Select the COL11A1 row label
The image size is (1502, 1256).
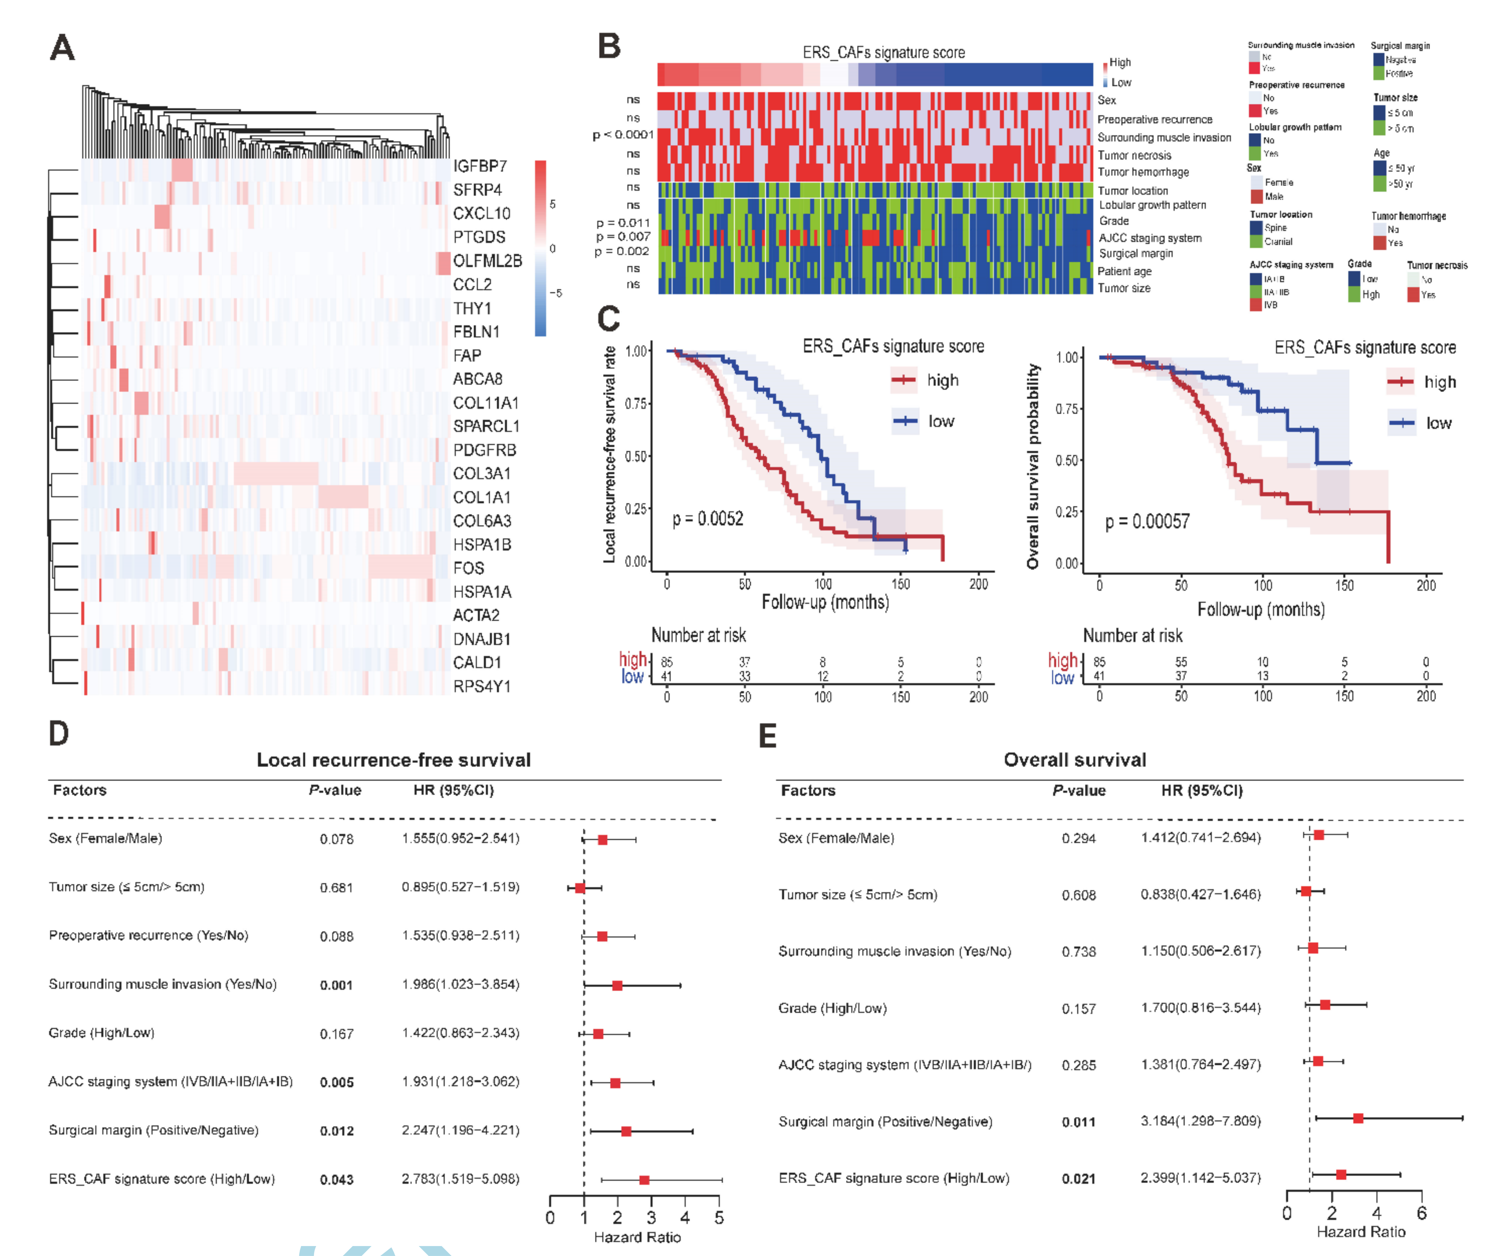click(486, 403)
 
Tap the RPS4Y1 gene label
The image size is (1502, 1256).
click(482, 686)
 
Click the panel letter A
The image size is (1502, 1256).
click(62, 48)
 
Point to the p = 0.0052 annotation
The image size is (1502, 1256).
click(707, 519)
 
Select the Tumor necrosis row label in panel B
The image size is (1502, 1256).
click(1134, 155)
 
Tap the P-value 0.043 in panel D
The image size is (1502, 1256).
click(336, 1179)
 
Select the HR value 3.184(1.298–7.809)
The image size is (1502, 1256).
click(1200, 1121)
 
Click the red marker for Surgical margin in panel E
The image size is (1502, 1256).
click(1358, 1118)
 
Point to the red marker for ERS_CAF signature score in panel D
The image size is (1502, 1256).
click(644, 1179)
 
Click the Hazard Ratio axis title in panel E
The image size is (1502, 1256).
click(1360, 1232)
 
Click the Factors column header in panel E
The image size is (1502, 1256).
click(807, 790)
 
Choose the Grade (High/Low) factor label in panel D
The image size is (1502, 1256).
click(102, 1033)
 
